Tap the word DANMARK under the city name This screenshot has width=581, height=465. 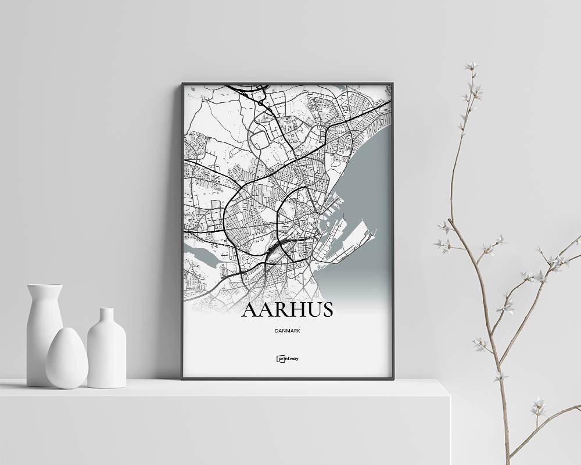click(288, 331)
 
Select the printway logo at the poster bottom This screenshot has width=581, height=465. click(288, 359)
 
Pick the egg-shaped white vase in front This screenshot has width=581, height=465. click(67, 359)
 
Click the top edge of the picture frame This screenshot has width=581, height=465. click(288, 84)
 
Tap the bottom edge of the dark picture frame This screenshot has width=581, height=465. click(288, 378)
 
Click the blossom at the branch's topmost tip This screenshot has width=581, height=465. click(471, 66)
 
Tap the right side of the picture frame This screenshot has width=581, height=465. click(393, 233)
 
